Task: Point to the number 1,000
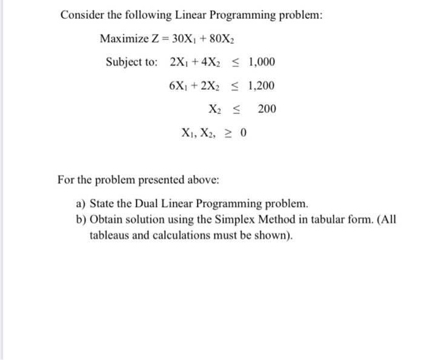(262, 62)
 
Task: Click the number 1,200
(262, 85)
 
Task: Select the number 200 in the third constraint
(267, 109)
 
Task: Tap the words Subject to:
(131, 62)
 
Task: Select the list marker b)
(81, 219)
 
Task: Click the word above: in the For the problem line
(203, 180)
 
